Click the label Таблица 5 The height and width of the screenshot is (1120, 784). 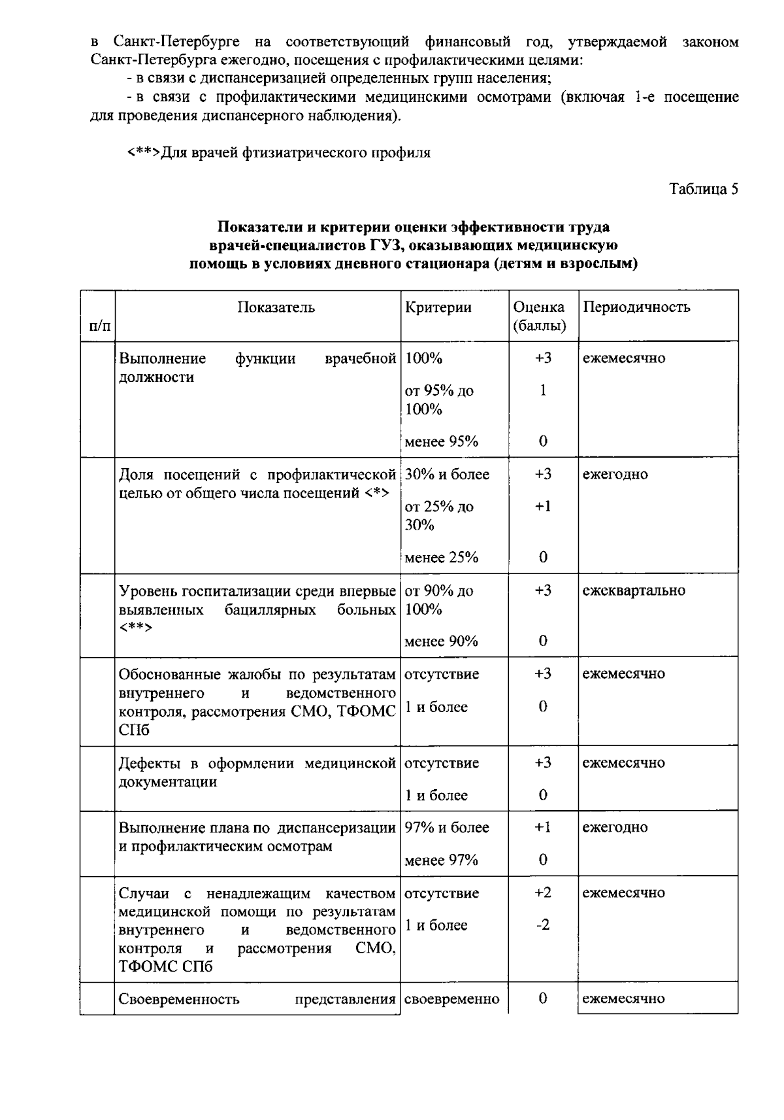(703, 190)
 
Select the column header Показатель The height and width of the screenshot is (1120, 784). (276, 307)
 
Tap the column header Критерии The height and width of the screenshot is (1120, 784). (438, 307)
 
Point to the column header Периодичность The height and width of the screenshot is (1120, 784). (636, 307)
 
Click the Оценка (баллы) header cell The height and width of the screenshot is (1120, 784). (540, 316)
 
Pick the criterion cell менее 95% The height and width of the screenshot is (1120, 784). (442, 442)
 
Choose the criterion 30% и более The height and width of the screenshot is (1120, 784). (447, 475)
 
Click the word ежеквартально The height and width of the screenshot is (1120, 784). (634, 590)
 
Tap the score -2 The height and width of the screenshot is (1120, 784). (542, 925)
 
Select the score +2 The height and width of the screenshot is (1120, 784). (542, 893)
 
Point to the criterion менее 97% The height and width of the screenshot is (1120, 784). (441, 860)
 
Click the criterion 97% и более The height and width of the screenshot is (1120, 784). (447, 828)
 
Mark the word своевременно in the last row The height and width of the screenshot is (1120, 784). (452, 999)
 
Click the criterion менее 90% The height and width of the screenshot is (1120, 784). (441, 641)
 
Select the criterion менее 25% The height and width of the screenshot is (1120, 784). (442, 558)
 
